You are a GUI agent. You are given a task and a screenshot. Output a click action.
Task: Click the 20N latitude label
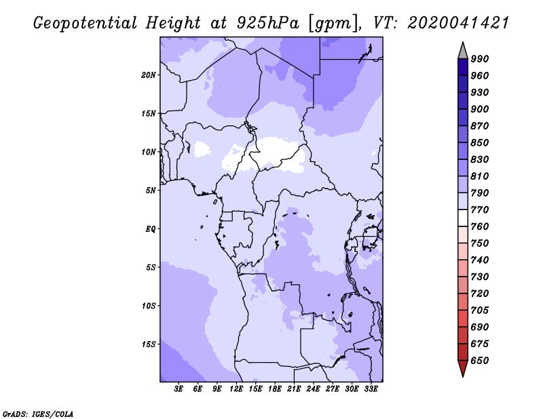[149, 75]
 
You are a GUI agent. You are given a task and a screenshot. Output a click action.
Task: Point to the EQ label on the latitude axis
[150, 229]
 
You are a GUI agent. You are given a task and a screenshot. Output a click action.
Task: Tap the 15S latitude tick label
[149, 344]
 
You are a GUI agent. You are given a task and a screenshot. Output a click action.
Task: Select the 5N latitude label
[151, 191]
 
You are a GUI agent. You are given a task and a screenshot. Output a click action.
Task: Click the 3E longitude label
[179, 389]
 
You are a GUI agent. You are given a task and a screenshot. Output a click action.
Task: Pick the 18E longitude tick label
[275, 389]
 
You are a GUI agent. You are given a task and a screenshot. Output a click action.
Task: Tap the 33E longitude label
[371, 389]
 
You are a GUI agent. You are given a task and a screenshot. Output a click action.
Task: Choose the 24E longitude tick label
[313, 389]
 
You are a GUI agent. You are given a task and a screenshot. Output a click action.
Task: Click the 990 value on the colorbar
[480, 59]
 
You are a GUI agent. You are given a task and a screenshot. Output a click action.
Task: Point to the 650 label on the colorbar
[480, 361]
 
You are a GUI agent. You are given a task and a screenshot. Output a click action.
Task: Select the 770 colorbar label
[480, 209]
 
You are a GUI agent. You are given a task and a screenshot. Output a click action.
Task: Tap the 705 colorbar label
[480, 311]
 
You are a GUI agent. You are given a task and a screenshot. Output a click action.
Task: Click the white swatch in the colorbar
[463, 218]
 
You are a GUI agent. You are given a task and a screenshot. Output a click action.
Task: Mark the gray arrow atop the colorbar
[463, 51]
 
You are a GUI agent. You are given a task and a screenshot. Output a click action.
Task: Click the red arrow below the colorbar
[463, 368]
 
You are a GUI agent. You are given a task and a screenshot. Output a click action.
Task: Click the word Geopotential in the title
[86, 24]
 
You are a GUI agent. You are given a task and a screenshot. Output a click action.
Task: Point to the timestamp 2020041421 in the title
[458, 23]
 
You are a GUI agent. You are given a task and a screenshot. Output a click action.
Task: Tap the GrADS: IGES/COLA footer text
[38, 414]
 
